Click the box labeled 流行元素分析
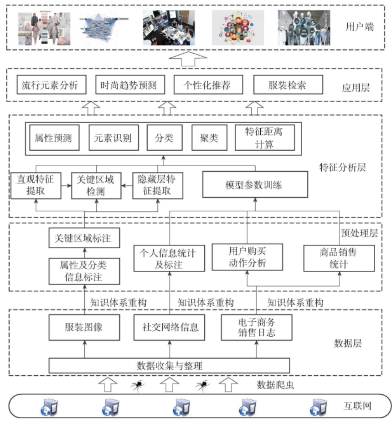click(x=50, y=85)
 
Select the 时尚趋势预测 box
click(x=129, y=85)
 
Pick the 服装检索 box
click(x=288, y=85)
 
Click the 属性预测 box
click(x=53, y=137)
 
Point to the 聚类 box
click(x=209, y=137)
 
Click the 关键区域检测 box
click(x=96, y=185)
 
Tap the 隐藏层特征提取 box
click(x=157, y=185)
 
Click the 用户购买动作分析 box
click(x=247, y=257)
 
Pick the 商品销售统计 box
click(x=339, y=258)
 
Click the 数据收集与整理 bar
click(x=169, y=366)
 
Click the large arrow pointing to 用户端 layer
click(x=187, y=59)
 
